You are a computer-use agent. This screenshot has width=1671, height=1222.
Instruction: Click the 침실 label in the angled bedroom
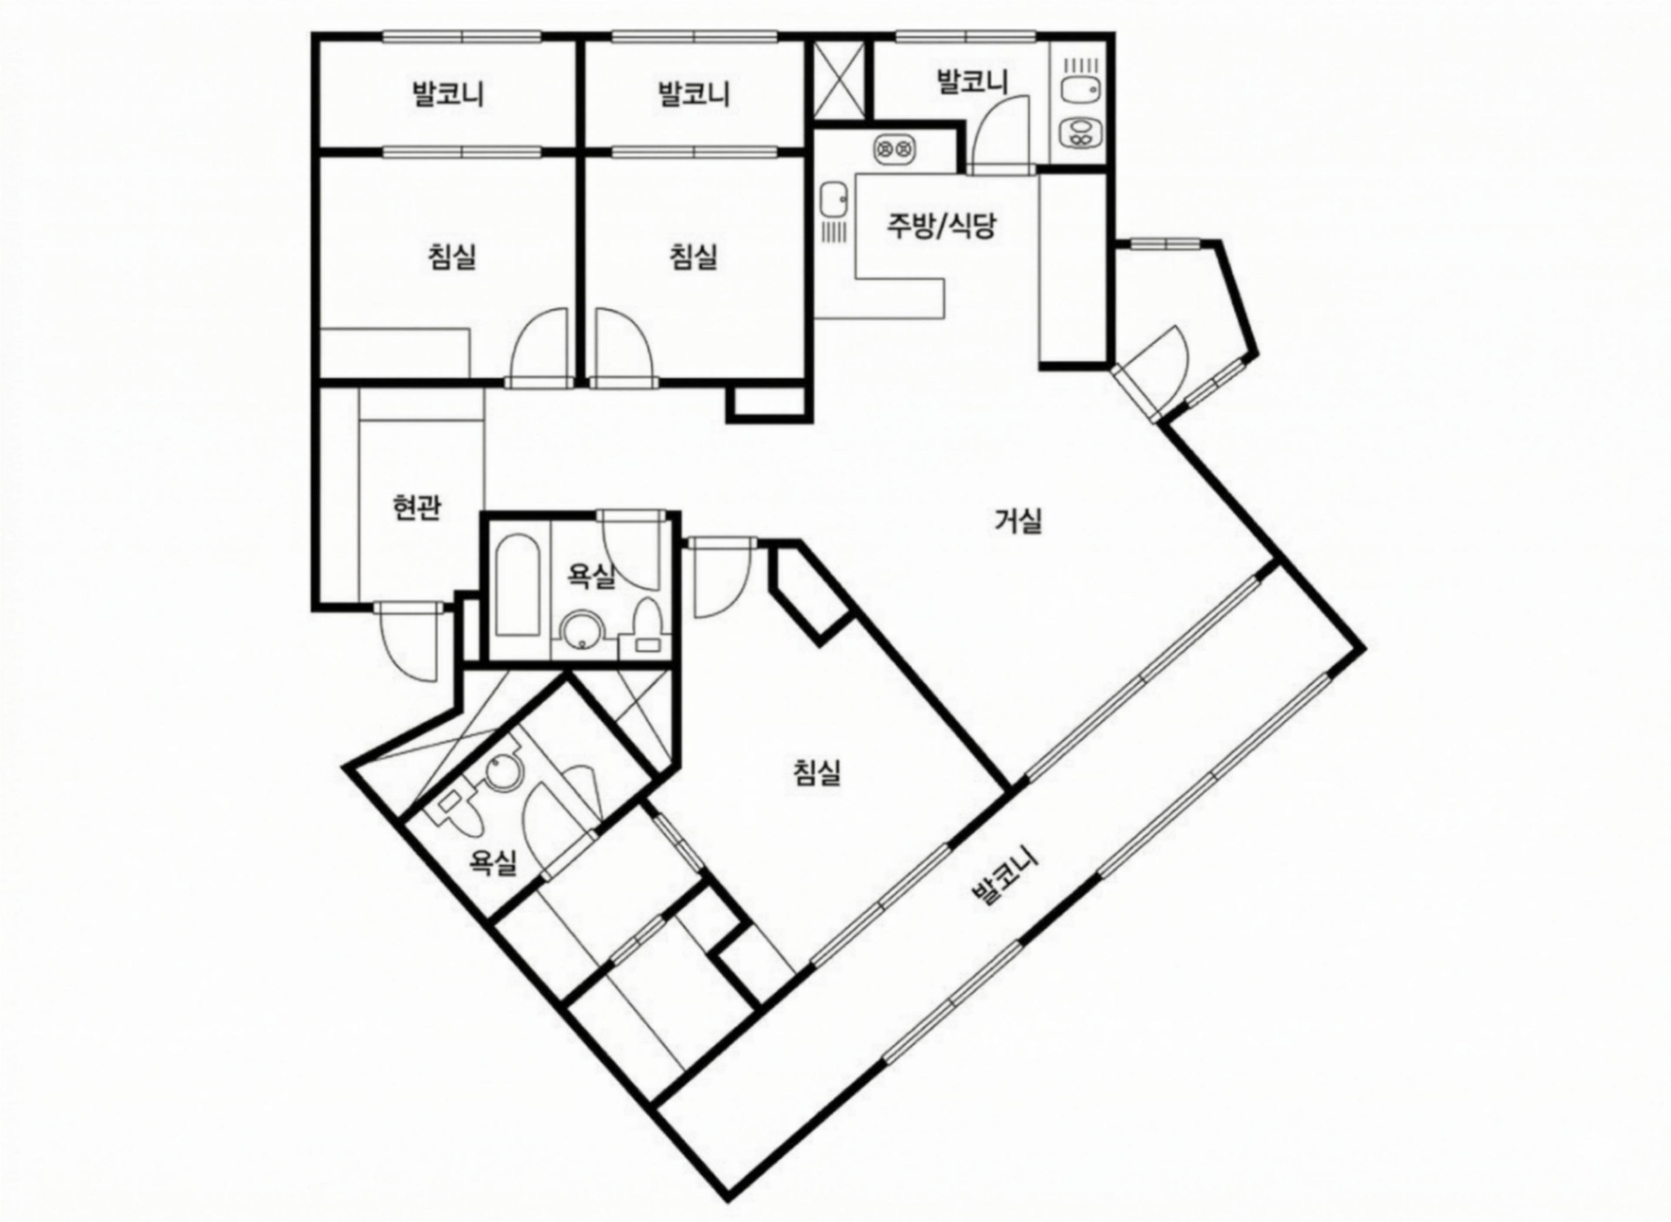click(x=817, y=773)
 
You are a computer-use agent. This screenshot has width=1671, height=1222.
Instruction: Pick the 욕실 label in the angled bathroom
click(x=493, y=863)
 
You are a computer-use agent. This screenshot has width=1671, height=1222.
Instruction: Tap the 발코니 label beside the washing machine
click(x=972, y=81)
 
